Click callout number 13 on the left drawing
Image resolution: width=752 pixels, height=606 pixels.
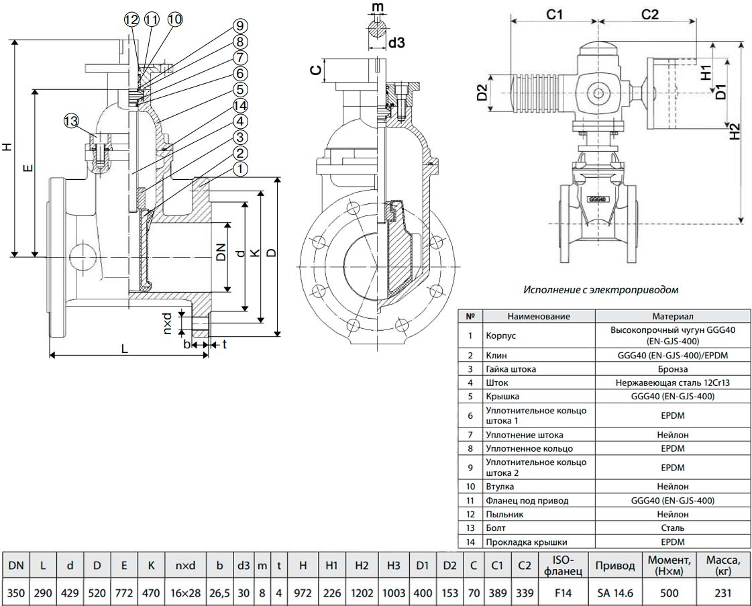click(71, 121)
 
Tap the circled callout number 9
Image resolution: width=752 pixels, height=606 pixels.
click(239, 26)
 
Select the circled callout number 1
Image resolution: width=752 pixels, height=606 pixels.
click(239, 169)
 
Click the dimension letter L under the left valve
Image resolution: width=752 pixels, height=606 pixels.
click(125, 348)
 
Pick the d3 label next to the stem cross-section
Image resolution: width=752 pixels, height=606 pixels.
click(397, 43)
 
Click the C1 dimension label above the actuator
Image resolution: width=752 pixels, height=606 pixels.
click(553, 15)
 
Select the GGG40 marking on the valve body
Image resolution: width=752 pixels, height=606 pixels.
click(596, 199)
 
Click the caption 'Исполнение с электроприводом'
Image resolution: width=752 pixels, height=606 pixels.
click(600, 290)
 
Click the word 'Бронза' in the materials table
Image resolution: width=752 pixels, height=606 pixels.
click(672, 369)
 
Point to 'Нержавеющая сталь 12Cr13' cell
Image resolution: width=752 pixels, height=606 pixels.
click(672, 383)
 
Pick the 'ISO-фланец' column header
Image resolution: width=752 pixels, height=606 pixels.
click(561, 566)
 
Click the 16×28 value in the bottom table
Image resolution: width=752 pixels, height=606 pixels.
click(185, 593)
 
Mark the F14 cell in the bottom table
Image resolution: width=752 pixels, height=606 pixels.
click(561, 593)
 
